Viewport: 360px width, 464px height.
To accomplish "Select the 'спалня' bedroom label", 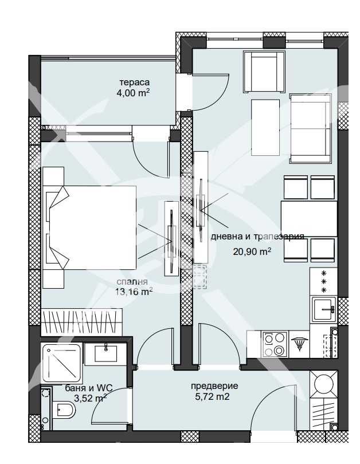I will (x=132, y=281).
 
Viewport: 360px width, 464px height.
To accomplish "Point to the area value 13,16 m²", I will (x=134, y=292).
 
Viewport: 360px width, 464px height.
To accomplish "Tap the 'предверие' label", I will (x=214, y=386).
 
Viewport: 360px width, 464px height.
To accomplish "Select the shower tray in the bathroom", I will (x=62, y=363).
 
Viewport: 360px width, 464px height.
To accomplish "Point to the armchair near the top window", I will (x=264, y=71).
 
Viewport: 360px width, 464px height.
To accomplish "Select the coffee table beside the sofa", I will (x=265, y=127).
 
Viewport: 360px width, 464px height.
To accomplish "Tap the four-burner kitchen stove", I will (x=273, y=344).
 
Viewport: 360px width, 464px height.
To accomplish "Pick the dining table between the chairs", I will (x=308, y=218).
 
